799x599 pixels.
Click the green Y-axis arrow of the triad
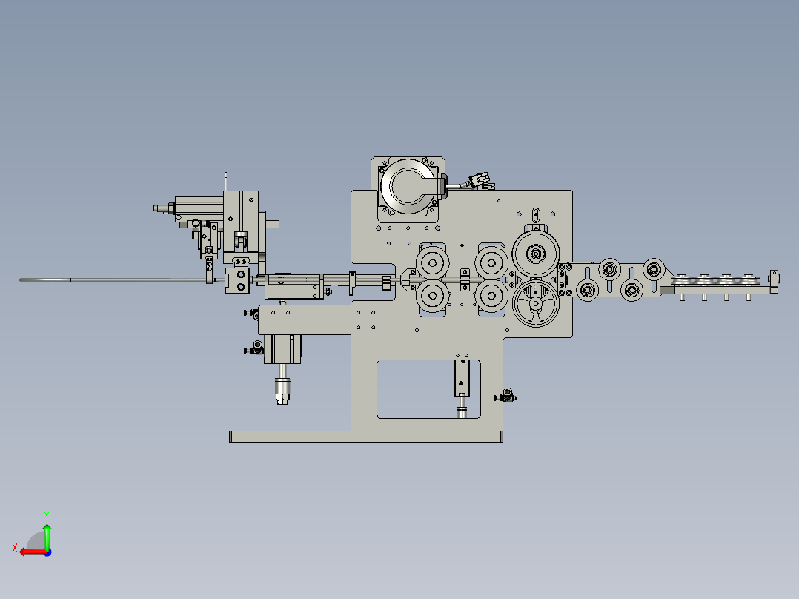tap(47, 534)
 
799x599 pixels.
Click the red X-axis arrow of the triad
tap(30, 552)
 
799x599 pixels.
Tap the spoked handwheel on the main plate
tap(536, 304)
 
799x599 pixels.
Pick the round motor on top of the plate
tap(408, 186)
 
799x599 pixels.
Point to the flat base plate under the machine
tap(365, 437)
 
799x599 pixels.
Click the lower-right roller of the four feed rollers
tap(490, 295)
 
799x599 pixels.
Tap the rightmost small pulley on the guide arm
tap(653, 269)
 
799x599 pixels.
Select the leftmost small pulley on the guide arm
tap(588, 289)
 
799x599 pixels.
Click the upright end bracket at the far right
tap(775, 281)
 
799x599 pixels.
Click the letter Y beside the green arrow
tap(46, 514)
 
